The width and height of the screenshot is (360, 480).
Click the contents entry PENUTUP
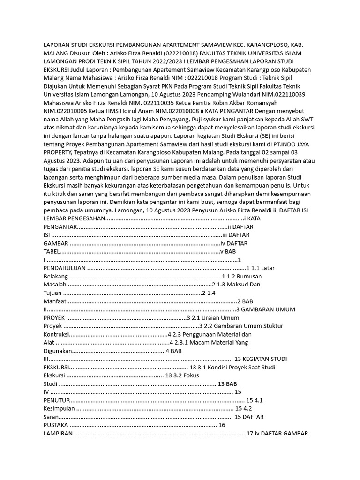(56, 400)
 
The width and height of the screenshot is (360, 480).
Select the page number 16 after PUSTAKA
(222, 425)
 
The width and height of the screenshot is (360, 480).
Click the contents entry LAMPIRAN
(58, 433)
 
